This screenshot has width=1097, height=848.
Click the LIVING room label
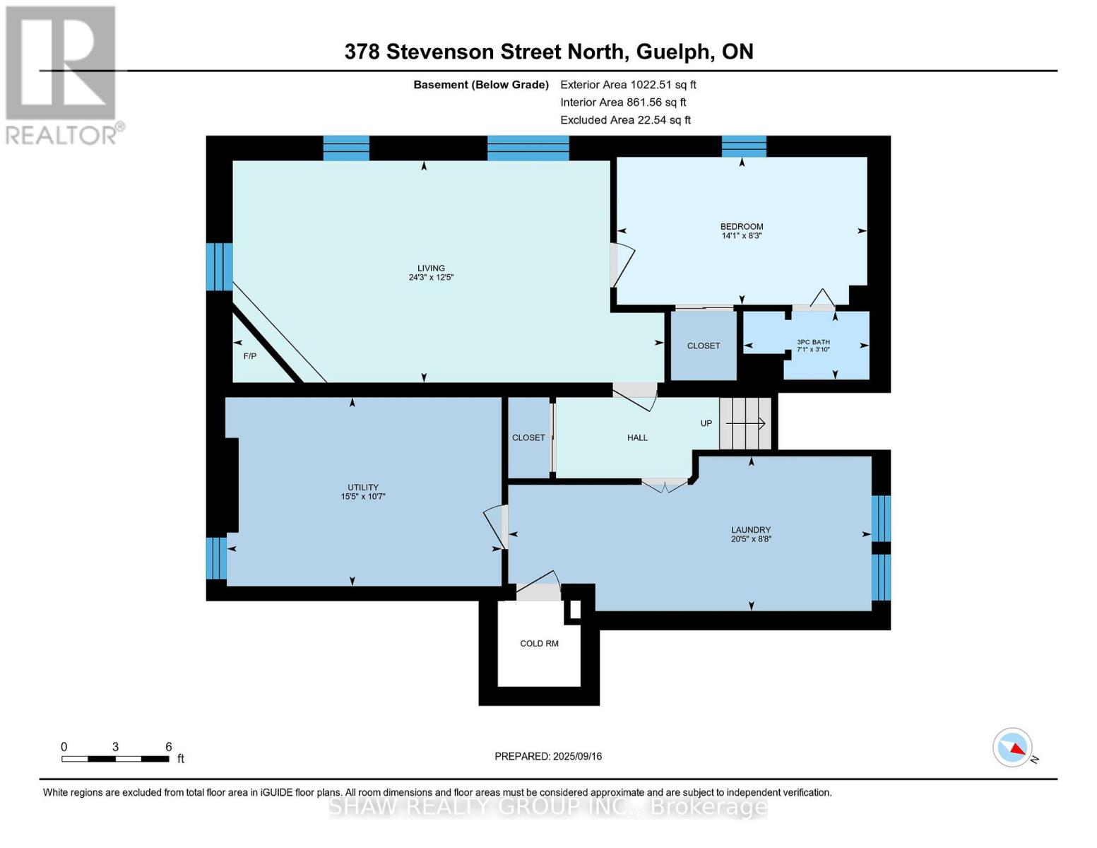431,268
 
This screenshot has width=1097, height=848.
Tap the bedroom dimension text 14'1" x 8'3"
742,236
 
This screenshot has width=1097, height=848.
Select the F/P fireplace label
250,356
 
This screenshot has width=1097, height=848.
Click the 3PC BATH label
813,342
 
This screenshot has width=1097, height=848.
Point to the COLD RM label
539,644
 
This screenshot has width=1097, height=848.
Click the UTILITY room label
363,487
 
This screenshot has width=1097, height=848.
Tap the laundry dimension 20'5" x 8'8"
751,539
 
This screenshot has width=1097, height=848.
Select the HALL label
637,438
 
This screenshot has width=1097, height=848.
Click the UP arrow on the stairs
746,424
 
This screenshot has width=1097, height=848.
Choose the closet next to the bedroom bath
704,346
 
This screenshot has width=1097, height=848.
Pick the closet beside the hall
528,438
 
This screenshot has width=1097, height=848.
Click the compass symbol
1012,748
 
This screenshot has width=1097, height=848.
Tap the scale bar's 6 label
169,747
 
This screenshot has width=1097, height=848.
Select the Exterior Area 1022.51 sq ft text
628,85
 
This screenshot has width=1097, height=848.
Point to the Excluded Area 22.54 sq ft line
625,120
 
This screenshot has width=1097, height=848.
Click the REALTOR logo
62,74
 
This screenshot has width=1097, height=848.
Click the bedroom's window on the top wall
744,146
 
